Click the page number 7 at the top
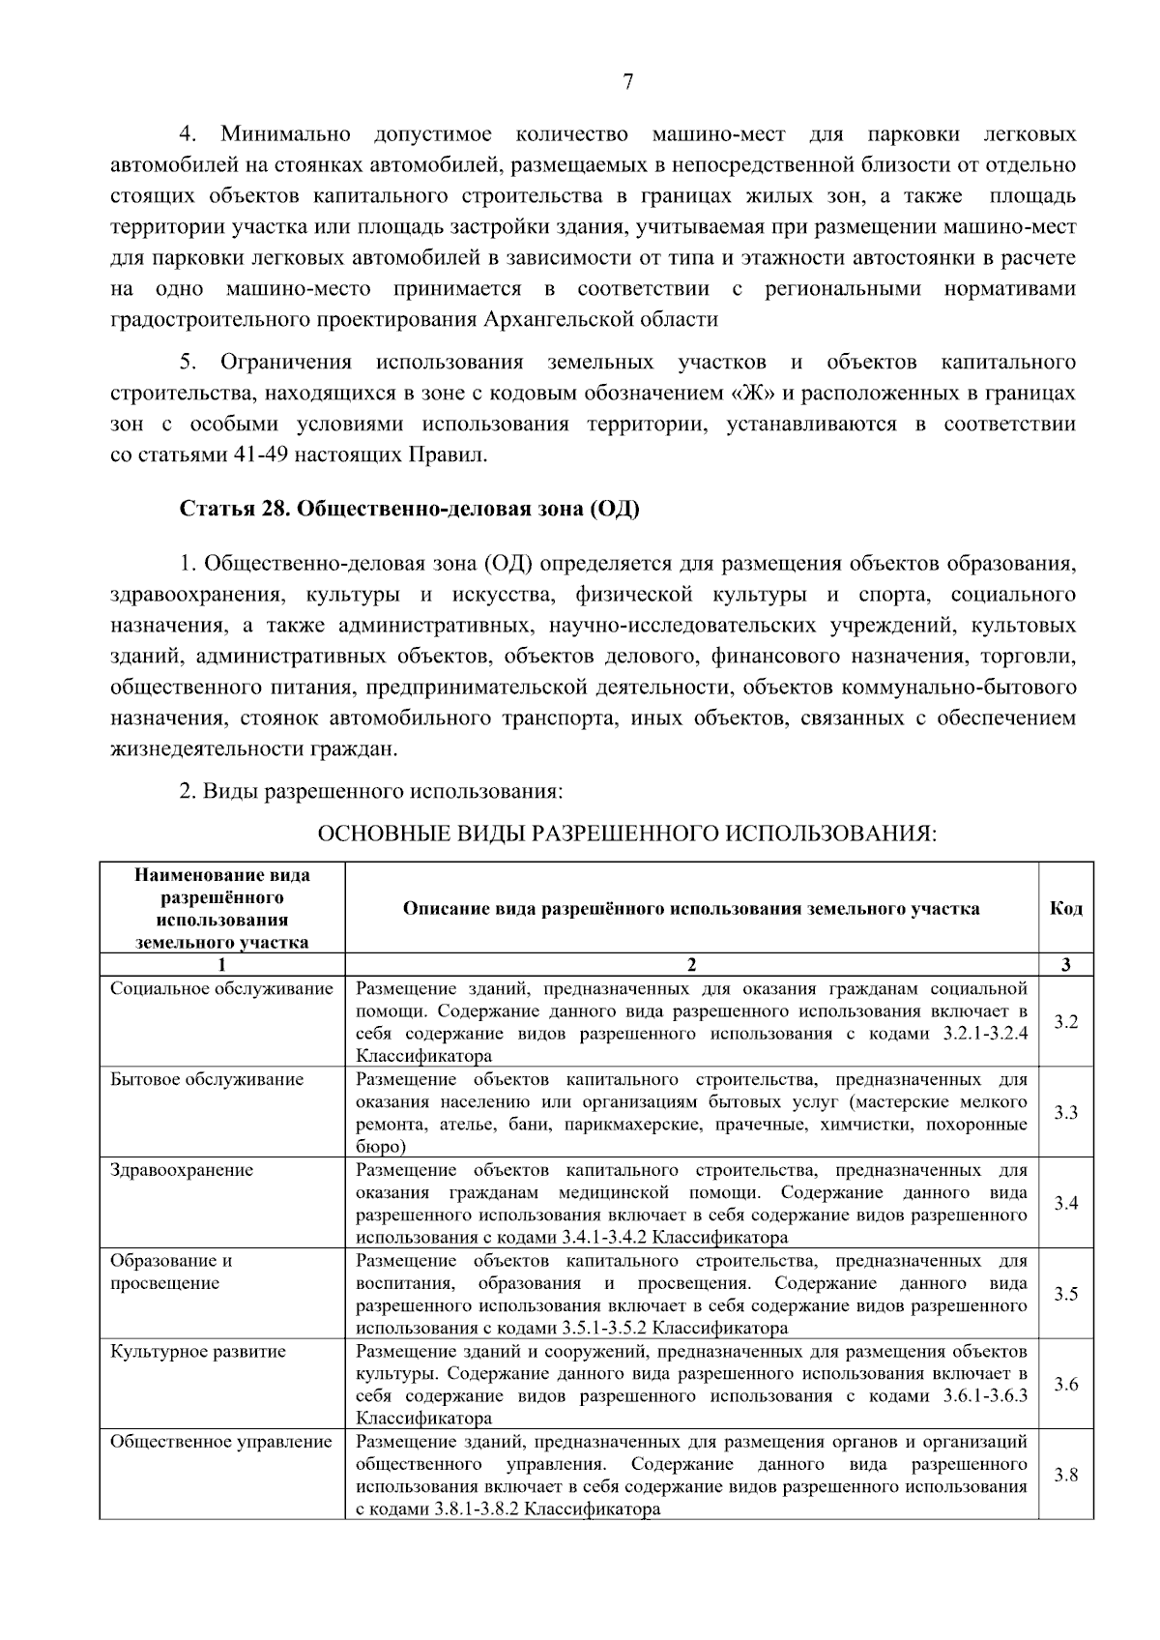click(x=627, y=82)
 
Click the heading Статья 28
click(x=409, y=509)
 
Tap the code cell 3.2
click(x=1065, y=1022)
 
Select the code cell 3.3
click(x=1065, y=1113)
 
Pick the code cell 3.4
click(x=1065, y=1204)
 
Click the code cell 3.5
click(x=1065, y=1295)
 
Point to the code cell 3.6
click(x=1065, y=1385)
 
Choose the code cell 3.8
click(x=1065, y=1476)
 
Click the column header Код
click(x=1065, y=909)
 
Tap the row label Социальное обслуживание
click(x=221, y=989)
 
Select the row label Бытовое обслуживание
click(x=207, y=1080)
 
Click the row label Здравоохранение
click(x=182, y=1171)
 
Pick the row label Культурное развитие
click(x=198, y=1352)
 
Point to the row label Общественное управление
click(x=221, y=1443)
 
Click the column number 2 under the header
click(x=690, y=965)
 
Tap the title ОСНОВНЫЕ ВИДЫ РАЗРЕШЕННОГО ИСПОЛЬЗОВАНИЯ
click(x=627, y=835)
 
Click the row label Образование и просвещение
click(x=171, y=1273)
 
